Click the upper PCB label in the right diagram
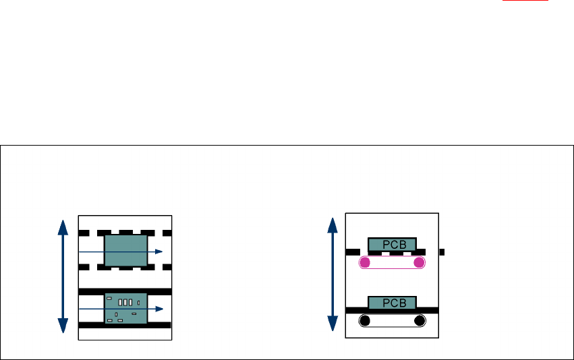(392, 245)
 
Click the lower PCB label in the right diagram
(392, 302)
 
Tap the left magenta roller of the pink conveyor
(365, 263)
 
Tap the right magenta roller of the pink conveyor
(419, 263)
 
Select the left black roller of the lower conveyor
(365, 321)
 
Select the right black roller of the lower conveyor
(419, 321)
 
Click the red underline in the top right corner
(530, 1)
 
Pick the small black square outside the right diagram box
(442, 252)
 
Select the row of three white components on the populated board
(125, 301)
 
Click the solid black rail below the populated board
(125, 325)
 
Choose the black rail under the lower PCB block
(392, 311)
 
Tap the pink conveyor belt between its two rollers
(392, 269)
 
